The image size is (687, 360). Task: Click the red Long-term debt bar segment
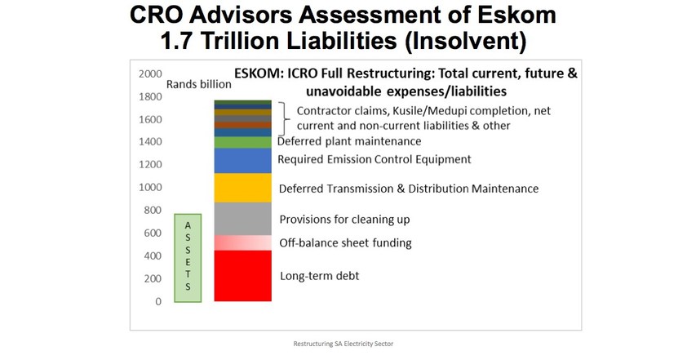242,276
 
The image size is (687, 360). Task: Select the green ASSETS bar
188,258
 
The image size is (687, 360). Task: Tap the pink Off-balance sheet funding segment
242,243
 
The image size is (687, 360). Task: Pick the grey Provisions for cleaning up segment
242,219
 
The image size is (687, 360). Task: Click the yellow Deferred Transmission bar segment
242,188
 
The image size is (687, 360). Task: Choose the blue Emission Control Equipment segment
242,161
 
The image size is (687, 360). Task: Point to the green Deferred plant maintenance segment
242,143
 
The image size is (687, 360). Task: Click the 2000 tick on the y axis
150,73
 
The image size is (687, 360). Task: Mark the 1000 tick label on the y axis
150,187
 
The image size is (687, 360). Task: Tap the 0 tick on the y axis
158,302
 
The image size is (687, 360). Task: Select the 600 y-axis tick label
153,233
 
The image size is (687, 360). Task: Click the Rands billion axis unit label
199,84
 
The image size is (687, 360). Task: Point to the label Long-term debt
319,276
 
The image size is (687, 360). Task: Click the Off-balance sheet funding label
345,243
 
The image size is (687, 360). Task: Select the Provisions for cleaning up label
344,220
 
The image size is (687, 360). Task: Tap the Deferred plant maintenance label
349,141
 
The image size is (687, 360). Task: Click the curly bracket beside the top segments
285,118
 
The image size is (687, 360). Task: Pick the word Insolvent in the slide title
466,41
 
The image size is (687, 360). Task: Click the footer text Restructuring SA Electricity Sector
343,344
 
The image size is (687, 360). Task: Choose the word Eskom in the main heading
517,15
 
